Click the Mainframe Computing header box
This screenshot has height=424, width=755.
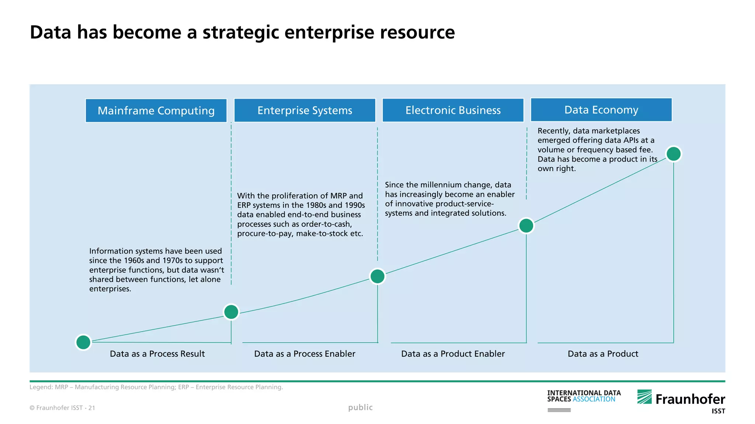[156, 110]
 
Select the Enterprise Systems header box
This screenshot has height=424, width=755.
[305, 110]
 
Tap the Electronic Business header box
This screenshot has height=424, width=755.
[453, 110]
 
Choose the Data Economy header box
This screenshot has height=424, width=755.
[601, 110]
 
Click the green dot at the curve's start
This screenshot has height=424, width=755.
[83, 342]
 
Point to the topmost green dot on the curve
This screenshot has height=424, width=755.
[674, 154]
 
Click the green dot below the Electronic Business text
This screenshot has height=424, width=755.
[526, 226]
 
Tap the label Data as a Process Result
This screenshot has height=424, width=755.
[157, 354]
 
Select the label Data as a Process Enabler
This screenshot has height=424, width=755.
[305, 354]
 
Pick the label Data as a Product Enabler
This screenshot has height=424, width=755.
[453, 354]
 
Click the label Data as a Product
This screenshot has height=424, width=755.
[603, 354]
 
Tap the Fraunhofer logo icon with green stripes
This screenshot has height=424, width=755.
[644, 397]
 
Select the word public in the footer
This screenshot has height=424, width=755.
[360, 407]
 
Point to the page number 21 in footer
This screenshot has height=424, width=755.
[92, 408]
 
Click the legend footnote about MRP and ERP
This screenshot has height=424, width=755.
[156, 387]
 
